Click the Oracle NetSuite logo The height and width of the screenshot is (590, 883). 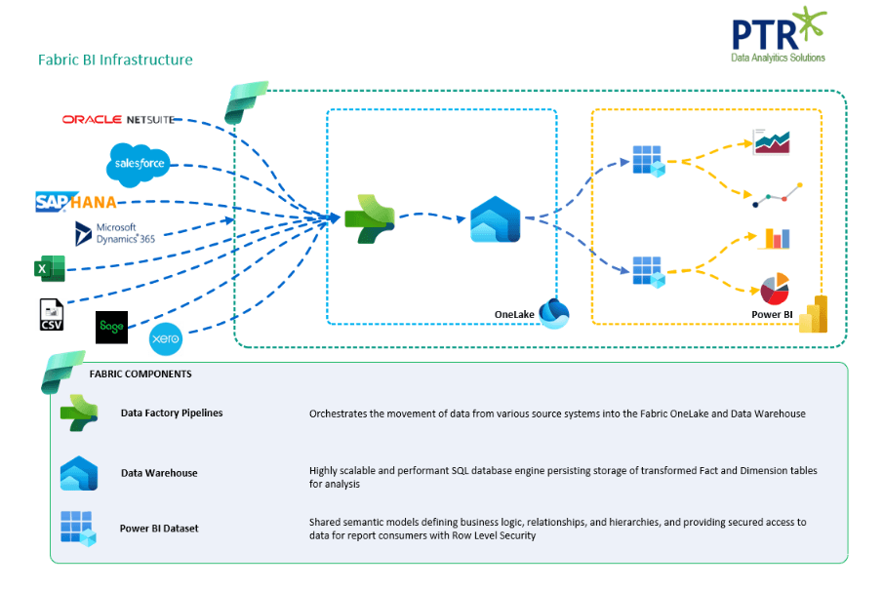(118, 119)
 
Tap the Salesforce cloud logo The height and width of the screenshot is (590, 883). (140, 163)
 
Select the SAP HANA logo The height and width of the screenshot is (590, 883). (76, 202)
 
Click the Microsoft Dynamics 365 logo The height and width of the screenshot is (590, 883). (114, 233)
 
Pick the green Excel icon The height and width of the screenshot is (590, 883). (50, 268)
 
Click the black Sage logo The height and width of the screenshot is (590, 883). (111, 327)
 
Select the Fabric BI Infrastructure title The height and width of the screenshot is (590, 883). (115, 59)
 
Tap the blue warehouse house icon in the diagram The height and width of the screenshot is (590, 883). (496, 219)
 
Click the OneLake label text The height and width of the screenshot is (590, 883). (514, 313)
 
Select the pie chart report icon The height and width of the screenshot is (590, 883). (774, 289)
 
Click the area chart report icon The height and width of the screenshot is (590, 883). (771, 142)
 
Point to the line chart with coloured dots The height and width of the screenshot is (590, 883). (778, 194)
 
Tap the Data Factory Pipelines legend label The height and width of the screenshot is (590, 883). (172, 413)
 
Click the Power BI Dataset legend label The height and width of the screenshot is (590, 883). (159, 528)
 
